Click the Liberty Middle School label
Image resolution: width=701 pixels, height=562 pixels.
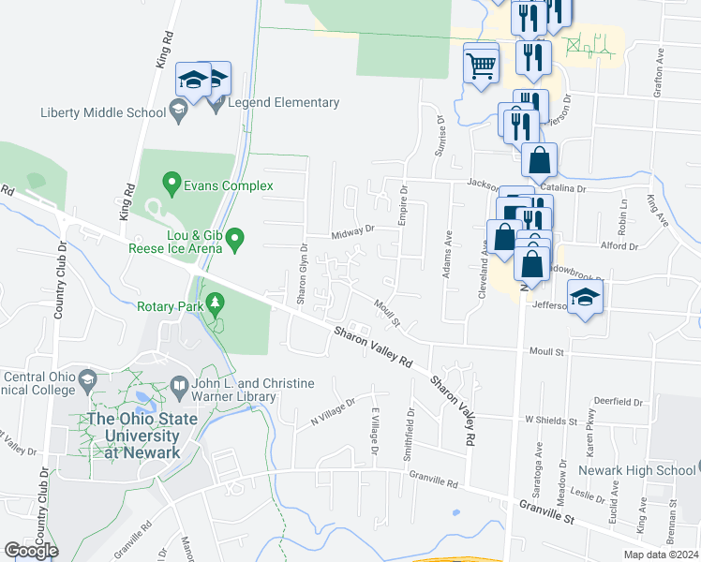103,113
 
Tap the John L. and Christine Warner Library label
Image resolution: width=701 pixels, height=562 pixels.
247,391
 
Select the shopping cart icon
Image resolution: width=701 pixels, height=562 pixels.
481,66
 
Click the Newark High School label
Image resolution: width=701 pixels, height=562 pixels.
636,469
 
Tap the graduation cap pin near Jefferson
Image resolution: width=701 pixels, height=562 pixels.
586,299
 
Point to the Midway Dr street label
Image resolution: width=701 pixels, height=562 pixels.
351,229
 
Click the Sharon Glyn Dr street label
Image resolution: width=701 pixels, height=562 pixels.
303,274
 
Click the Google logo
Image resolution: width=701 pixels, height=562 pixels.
32,550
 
